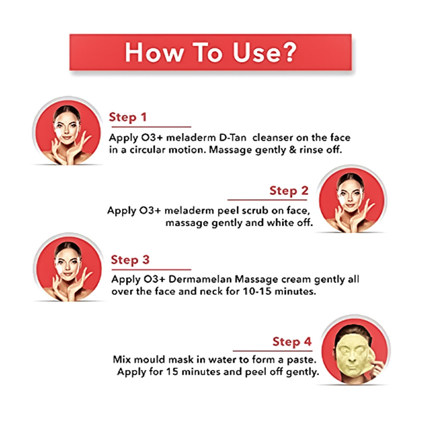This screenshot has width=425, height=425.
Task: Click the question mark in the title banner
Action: pyautogui.click(x=288, y=52)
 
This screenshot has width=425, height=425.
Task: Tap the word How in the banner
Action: pyautogui.click(x=154, y=53)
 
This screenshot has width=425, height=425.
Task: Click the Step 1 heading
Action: pyautogui.click(x=127, y=117)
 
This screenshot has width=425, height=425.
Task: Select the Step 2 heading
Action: pyautogui.click(x=289, y=191)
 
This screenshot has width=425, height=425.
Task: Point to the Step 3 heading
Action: pyautogui.click(x=130, y=260)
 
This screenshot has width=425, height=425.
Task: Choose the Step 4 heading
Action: pyautogui.click(x=292, y=342)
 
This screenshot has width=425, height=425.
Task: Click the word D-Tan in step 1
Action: pyautogui.click(x=232, y=138)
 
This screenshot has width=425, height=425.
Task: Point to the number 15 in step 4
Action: pyautogui.click(x=173, y=371)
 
